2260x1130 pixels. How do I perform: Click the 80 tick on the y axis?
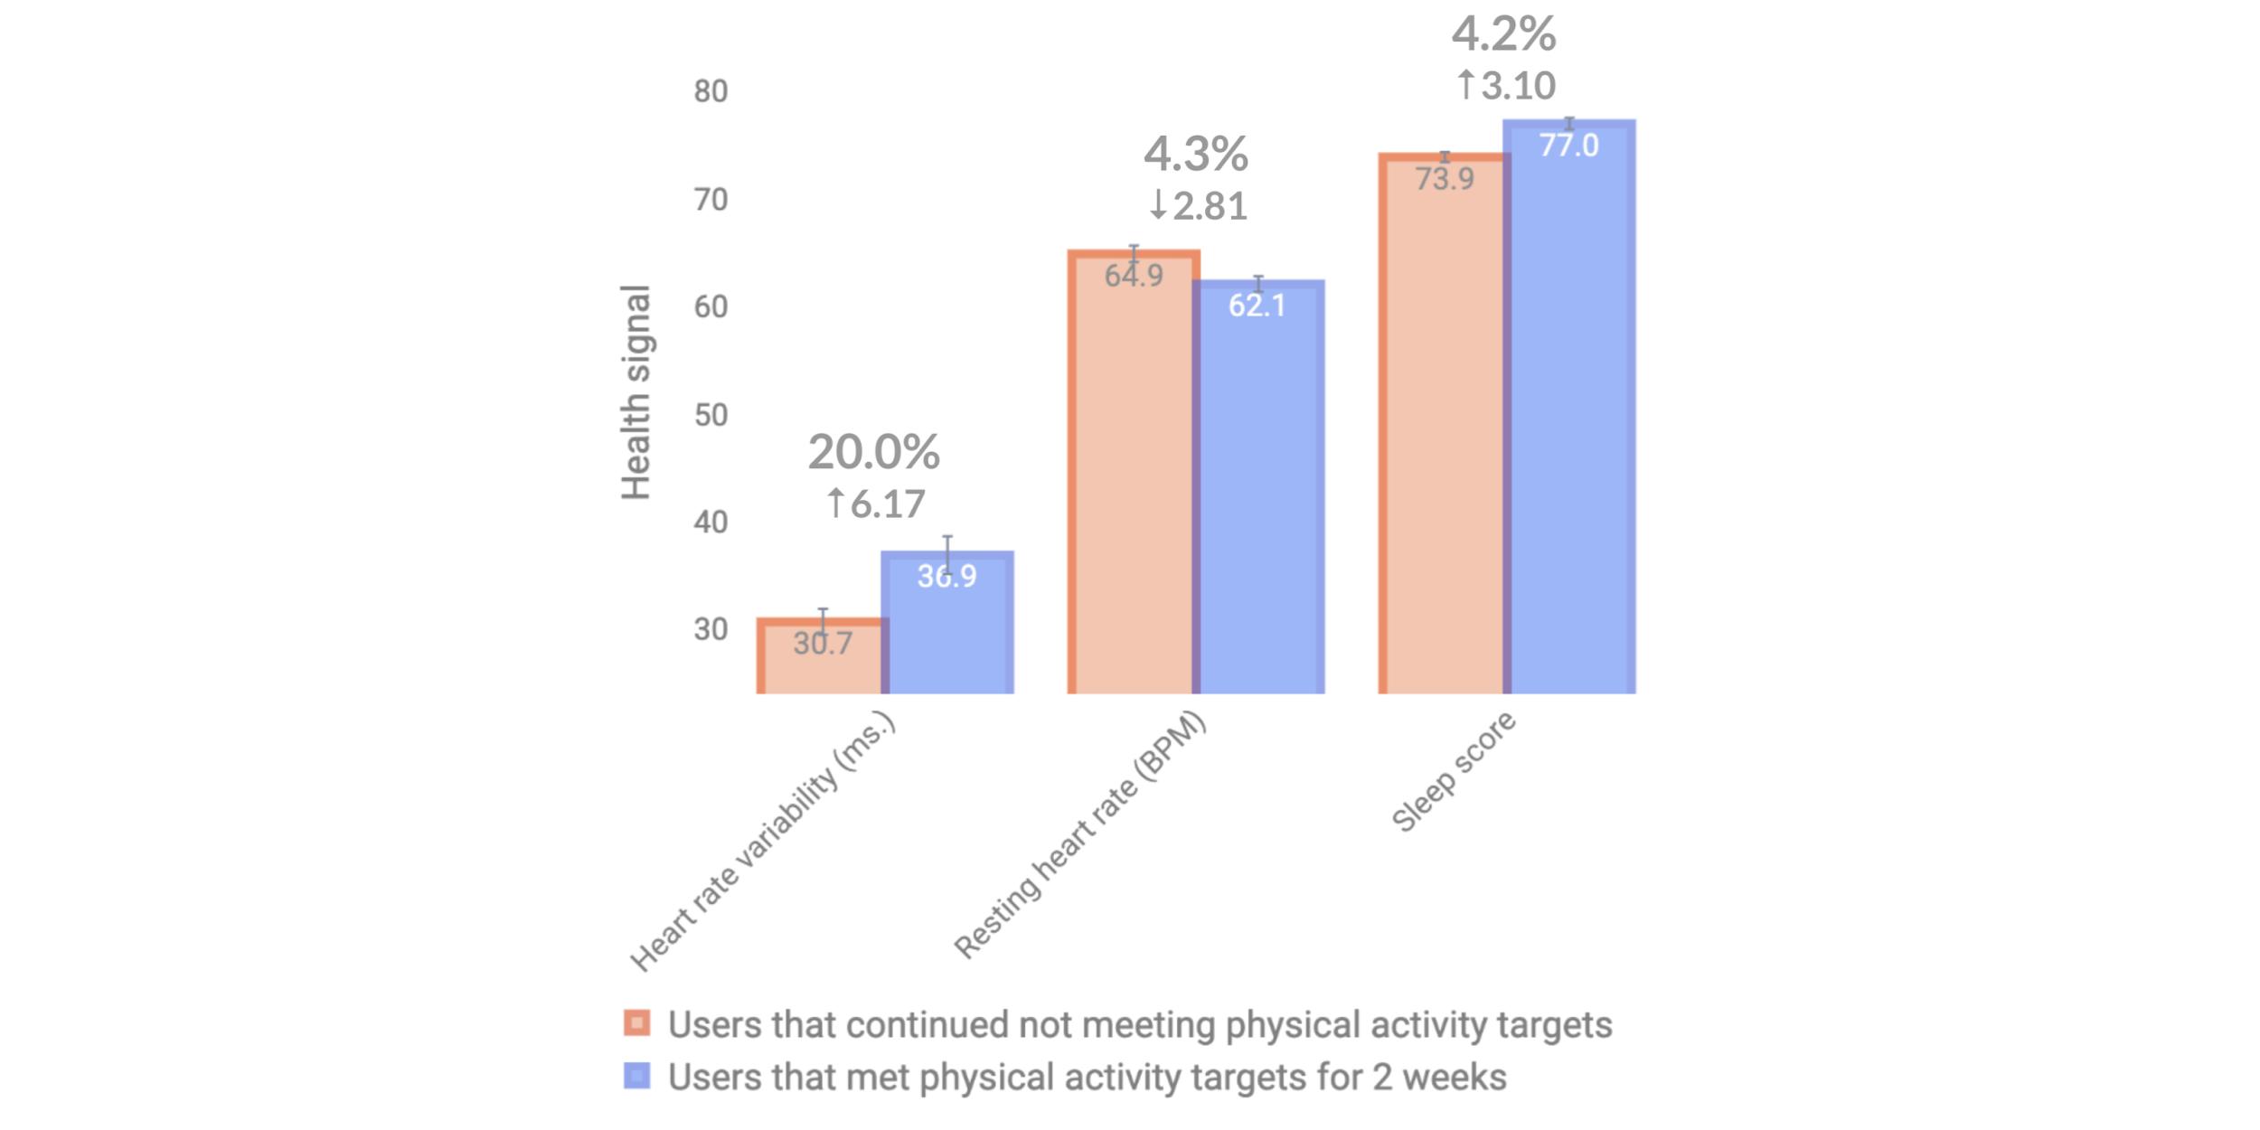pos(711,91)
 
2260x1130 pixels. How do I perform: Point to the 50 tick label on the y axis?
pos(711,415)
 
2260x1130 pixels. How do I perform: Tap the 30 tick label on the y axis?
pos(711,629)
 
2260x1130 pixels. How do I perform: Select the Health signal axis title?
pos(636,391)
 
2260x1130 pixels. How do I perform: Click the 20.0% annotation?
pos(873,452)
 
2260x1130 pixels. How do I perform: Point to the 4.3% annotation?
pos(1195,155)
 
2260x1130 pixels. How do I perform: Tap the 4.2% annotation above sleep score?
pos(1503,35)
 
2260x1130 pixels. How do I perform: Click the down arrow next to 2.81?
pos(1158,205)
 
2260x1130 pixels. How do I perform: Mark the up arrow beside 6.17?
pos(836,503)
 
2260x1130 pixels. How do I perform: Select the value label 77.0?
pos(1568,146)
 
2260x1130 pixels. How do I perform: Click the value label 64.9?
pos(1134,275)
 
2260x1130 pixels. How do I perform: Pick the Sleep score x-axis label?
pos(1454,771)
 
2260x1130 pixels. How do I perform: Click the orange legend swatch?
pos(636,1023)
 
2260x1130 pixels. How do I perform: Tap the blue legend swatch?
pos(636,1076)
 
